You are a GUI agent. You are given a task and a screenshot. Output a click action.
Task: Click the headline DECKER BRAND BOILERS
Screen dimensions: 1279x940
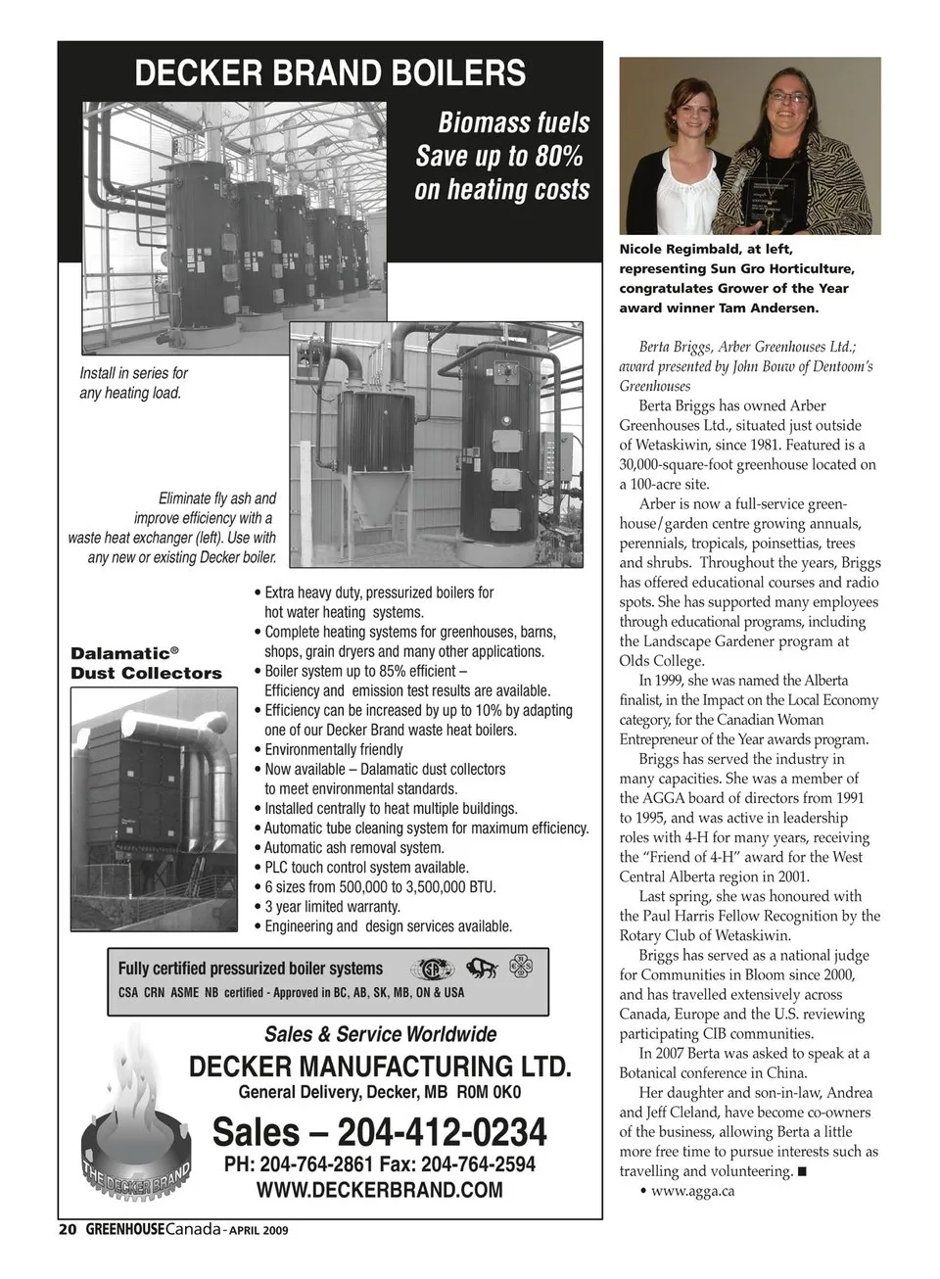pyautogui.click(x=329, y=73)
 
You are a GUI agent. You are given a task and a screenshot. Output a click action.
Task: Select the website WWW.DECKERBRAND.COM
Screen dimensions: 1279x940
pyautogui.click(x=379, y=1190)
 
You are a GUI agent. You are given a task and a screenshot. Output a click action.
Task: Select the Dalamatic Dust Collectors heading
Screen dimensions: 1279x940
pyautogui.click(x=146, y=663)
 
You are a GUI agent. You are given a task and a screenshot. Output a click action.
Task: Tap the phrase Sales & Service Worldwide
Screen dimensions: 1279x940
pyautogui.click(x=380, y=1034)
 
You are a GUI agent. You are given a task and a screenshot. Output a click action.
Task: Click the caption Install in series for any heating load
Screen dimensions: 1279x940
pyautogui.click(x=133, y=383)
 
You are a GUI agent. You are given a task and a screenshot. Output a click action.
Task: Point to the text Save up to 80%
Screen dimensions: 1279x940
pyautogui.click(x=499, y=157)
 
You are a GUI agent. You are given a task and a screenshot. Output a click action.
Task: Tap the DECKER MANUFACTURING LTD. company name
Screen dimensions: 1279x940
pyautogui.click(x=379, y=1066)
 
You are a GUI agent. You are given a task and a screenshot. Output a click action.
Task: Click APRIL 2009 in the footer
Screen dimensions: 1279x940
pyautogui.click(x=258, y=1231)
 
